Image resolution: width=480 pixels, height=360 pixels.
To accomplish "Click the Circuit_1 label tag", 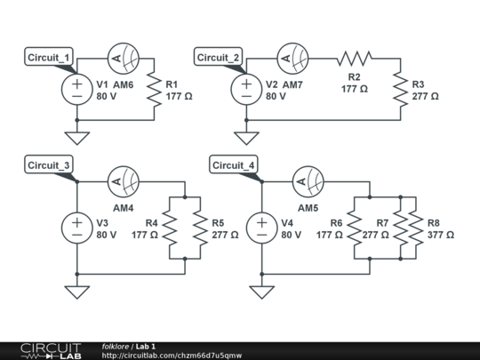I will [x=52, y=59].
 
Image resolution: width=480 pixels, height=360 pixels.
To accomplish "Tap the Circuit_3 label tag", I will [x=52, y=165].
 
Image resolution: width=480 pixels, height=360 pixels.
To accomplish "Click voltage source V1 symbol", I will [x=77, y=89].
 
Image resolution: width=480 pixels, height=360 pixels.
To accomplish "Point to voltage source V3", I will [x=77, y=228].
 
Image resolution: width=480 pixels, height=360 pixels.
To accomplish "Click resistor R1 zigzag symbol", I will [x=157, y=89].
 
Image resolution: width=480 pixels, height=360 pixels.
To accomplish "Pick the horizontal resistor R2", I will [x=354, y=59].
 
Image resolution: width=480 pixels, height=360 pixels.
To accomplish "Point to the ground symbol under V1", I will [x=77, y=137].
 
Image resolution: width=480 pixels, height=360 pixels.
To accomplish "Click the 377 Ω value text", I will [x=441, y=235].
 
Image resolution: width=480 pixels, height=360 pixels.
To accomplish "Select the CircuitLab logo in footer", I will [x=42, y=350].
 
